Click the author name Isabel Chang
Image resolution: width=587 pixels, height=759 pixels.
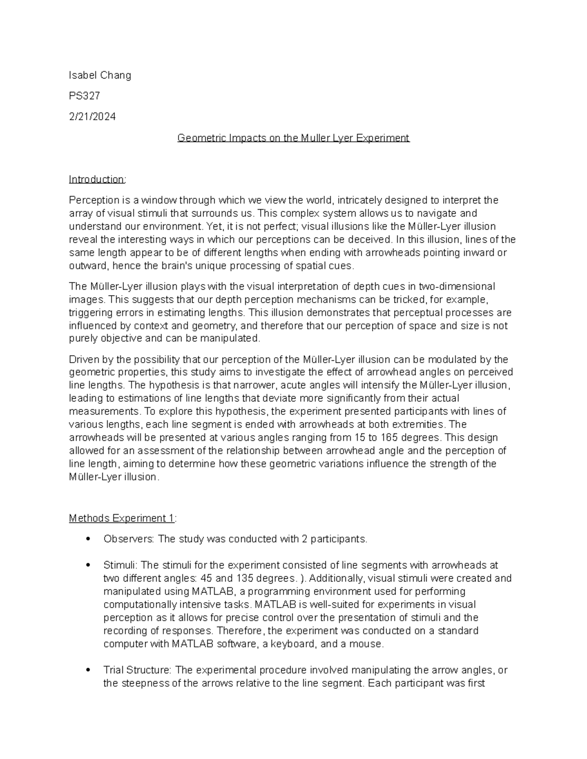[100, 75]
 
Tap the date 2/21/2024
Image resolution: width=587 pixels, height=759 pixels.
[92, 116]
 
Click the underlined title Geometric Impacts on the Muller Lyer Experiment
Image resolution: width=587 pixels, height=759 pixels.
[293, 138]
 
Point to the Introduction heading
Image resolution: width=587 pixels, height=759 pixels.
[96, 179]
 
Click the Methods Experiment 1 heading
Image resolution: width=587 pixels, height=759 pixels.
[122, 518]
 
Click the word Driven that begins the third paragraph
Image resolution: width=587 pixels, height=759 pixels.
[84, 360]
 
